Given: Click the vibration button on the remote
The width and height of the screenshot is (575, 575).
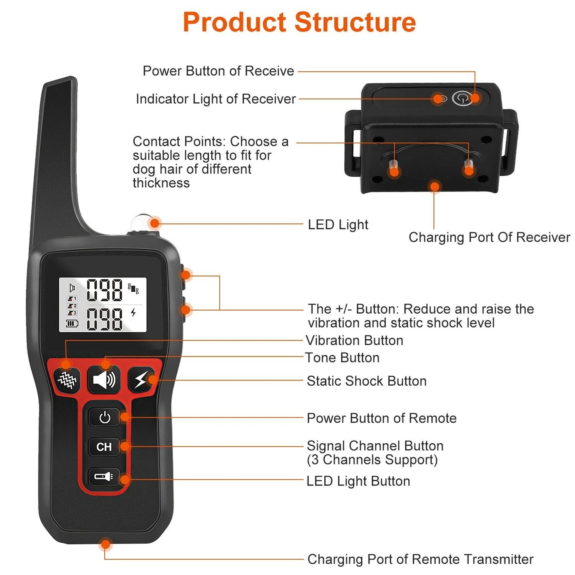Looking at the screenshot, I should click(67, 380).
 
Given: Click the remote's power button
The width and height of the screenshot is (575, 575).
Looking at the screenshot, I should click(104, 418).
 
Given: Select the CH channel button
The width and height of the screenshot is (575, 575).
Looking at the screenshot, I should click(104, 447).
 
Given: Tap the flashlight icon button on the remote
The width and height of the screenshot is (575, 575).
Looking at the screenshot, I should click(104, 476).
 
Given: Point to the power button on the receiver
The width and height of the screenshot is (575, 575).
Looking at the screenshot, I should click(462, 98).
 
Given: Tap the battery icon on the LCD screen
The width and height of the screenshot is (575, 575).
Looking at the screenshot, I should click(72, 324).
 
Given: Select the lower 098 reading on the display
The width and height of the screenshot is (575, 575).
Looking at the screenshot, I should click(105, 319).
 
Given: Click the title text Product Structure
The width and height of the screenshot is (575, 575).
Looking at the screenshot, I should click(299, 22).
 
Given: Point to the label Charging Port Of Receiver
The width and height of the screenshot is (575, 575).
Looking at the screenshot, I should click(489, 237).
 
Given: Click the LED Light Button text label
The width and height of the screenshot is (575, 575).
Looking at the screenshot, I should click(358, 481).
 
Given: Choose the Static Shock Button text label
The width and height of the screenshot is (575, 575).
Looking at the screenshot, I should click(366, 381).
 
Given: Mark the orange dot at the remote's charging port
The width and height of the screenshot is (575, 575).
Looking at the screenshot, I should click(105, 544).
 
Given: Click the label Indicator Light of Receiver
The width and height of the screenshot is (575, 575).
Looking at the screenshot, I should click(216, 99).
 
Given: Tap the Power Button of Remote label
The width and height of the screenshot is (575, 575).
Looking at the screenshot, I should click(382, 418).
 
